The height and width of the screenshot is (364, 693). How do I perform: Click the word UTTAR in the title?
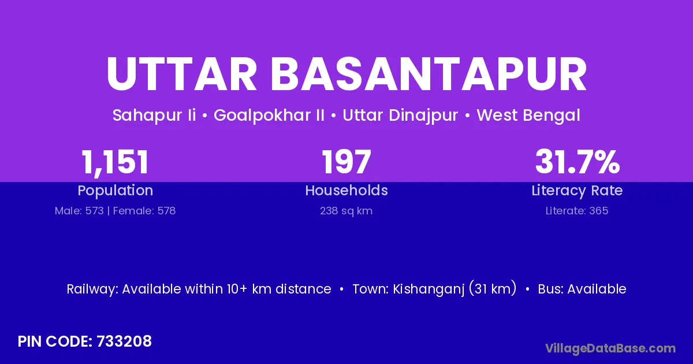[181, 75]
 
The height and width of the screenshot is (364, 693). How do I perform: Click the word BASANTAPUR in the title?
[429, 75]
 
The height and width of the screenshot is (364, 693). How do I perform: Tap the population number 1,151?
[115, 162]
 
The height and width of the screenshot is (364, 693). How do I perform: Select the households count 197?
[346, 162]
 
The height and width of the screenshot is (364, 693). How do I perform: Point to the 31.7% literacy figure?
[577, 162]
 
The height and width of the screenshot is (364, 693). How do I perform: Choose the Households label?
[346, 190]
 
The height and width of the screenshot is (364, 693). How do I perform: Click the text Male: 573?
[79, 211]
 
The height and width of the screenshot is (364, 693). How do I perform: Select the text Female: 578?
[144, 211]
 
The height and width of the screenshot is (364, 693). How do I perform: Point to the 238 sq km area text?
[346, 211]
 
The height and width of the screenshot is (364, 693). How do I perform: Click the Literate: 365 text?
[577, 211]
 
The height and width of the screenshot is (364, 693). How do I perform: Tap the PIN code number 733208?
[124, 341]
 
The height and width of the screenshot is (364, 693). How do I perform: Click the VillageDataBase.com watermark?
[610, 349]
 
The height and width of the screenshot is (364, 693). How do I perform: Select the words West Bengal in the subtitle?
[528, 116]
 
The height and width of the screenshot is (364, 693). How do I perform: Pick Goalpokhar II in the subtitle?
[269, 116]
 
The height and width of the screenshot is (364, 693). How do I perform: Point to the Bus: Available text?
[582, 289]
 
